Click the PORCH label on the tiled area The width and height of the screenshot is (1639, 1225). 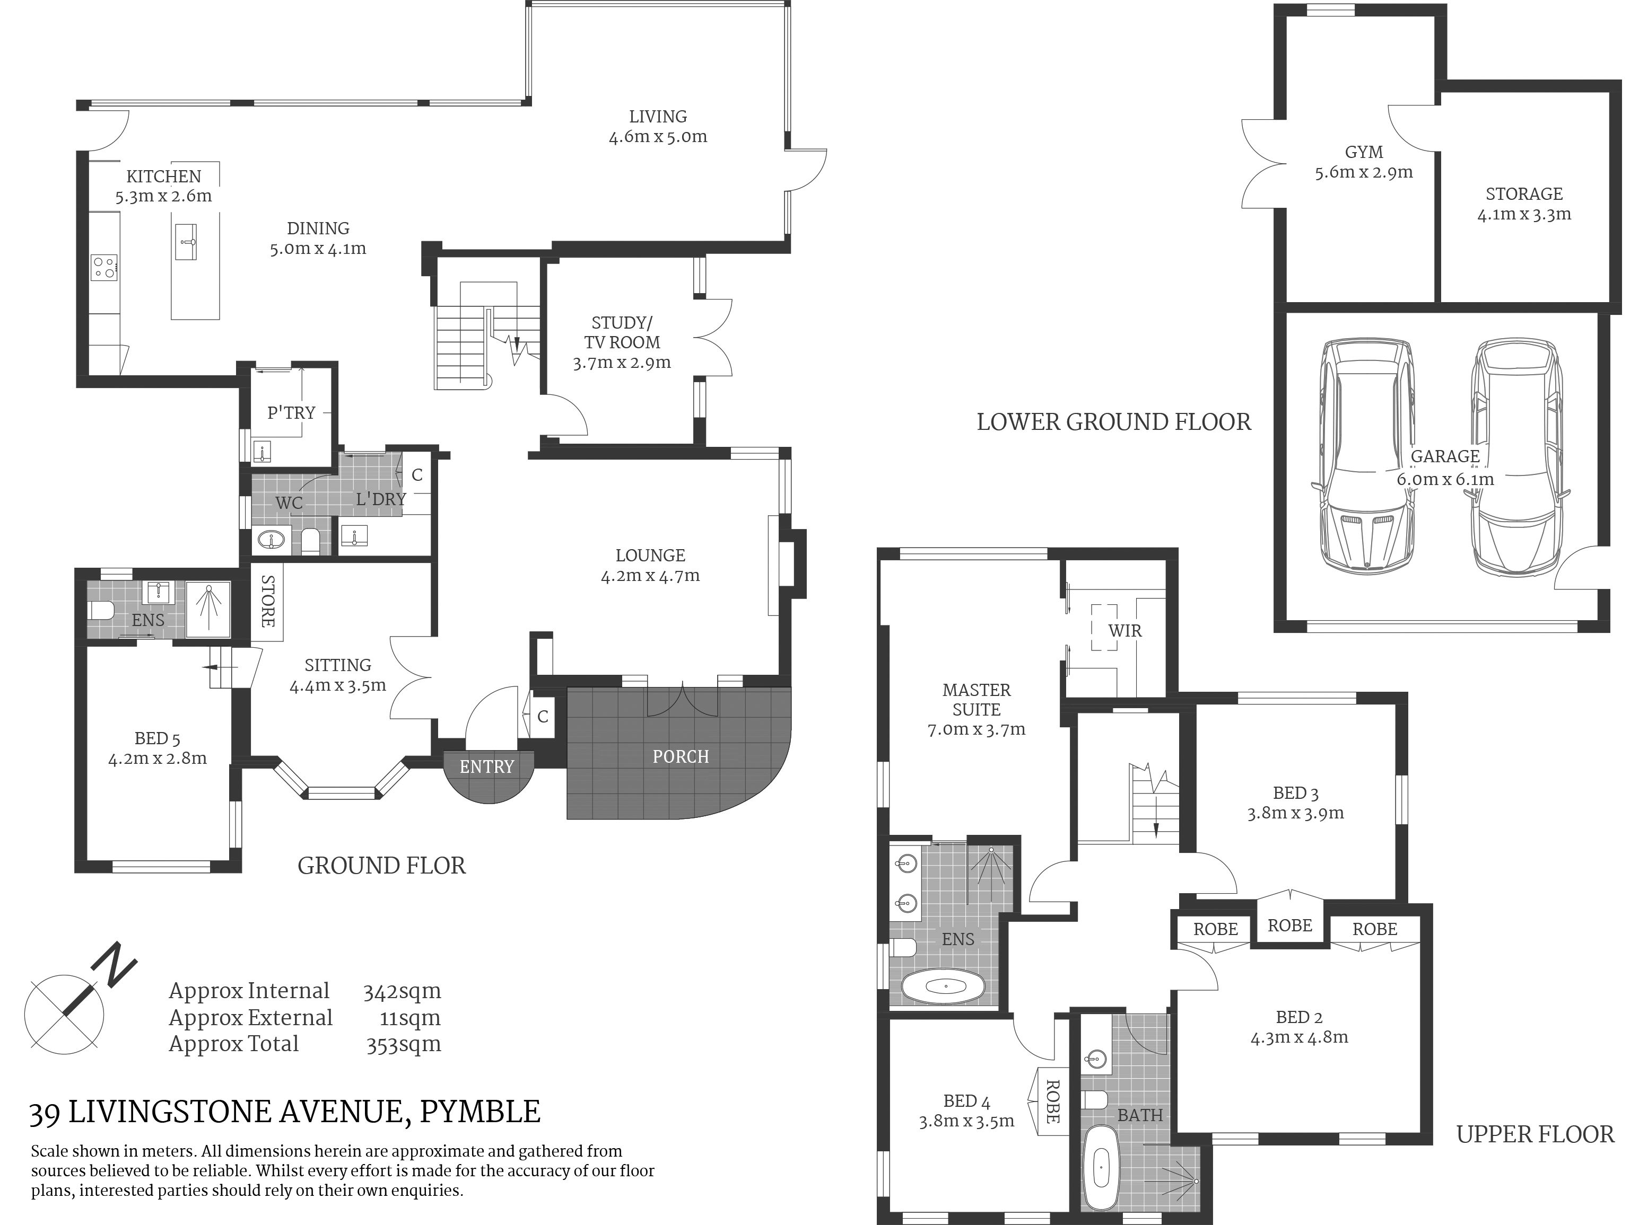(x=680, y=756)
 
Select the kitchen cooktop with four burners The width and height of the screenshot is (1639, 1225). (x=104, y=267)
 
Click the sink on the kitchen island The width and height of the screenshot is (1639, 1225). (x=187, y=241)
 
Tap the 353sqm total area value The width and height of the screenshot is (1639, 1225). (x=404, y=1044)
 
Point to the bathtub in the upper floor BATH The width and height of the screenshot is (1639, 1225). (x=1102, y=1175)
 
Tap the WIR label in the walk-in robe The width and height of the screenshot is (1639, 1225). (x=1125, y=630)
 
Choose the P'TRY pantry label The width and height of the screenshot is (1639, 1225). (x=291, y=412)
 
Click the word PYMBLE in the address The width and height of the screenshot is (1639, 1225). (x=480, y=1112)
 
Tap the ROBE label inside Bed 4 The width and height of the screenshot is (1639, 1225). (x=1052, y=1101)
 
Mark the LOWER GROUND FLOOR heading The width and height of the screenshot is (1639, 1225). (x=1114, y=421)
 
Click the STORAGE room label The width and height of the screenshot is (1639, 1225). (x=1524, y=194)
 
